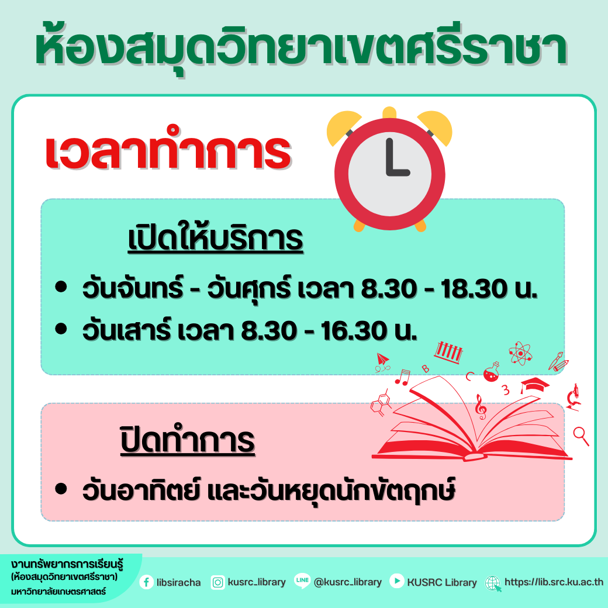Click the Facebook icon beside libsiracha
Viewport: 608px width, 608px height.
[x=147, y=582]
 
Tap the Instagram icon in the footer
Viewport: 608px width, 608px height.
[x=217, y=582]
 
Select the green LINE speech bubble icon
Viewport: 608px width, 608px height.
[x=302, y=581]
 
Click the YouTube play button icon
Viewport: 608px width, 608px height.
[x=397, y=581]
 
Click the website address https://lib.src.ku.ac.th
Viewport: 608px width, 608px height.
[x=554, y=582]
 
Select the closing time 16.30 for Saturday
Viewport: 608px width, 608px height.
[x=354, y=331]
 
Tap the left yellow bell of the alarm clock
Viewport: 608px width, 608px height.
[x=343, y=127]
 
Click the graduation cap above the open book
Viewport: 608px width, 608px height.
[x=534, y=385]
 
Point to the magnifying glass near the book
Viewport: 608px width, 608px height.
[x=581, y=436]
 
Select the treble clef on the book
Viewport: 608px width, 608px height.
[x=481, y=407]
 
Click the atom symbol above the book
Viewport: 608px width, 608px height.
[x=520, y=353]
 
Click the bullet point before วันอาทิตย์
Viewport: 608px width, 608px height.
[x=61, y=488]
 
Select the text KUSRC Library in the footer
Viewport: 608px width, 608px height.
[x=441, y=582]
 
